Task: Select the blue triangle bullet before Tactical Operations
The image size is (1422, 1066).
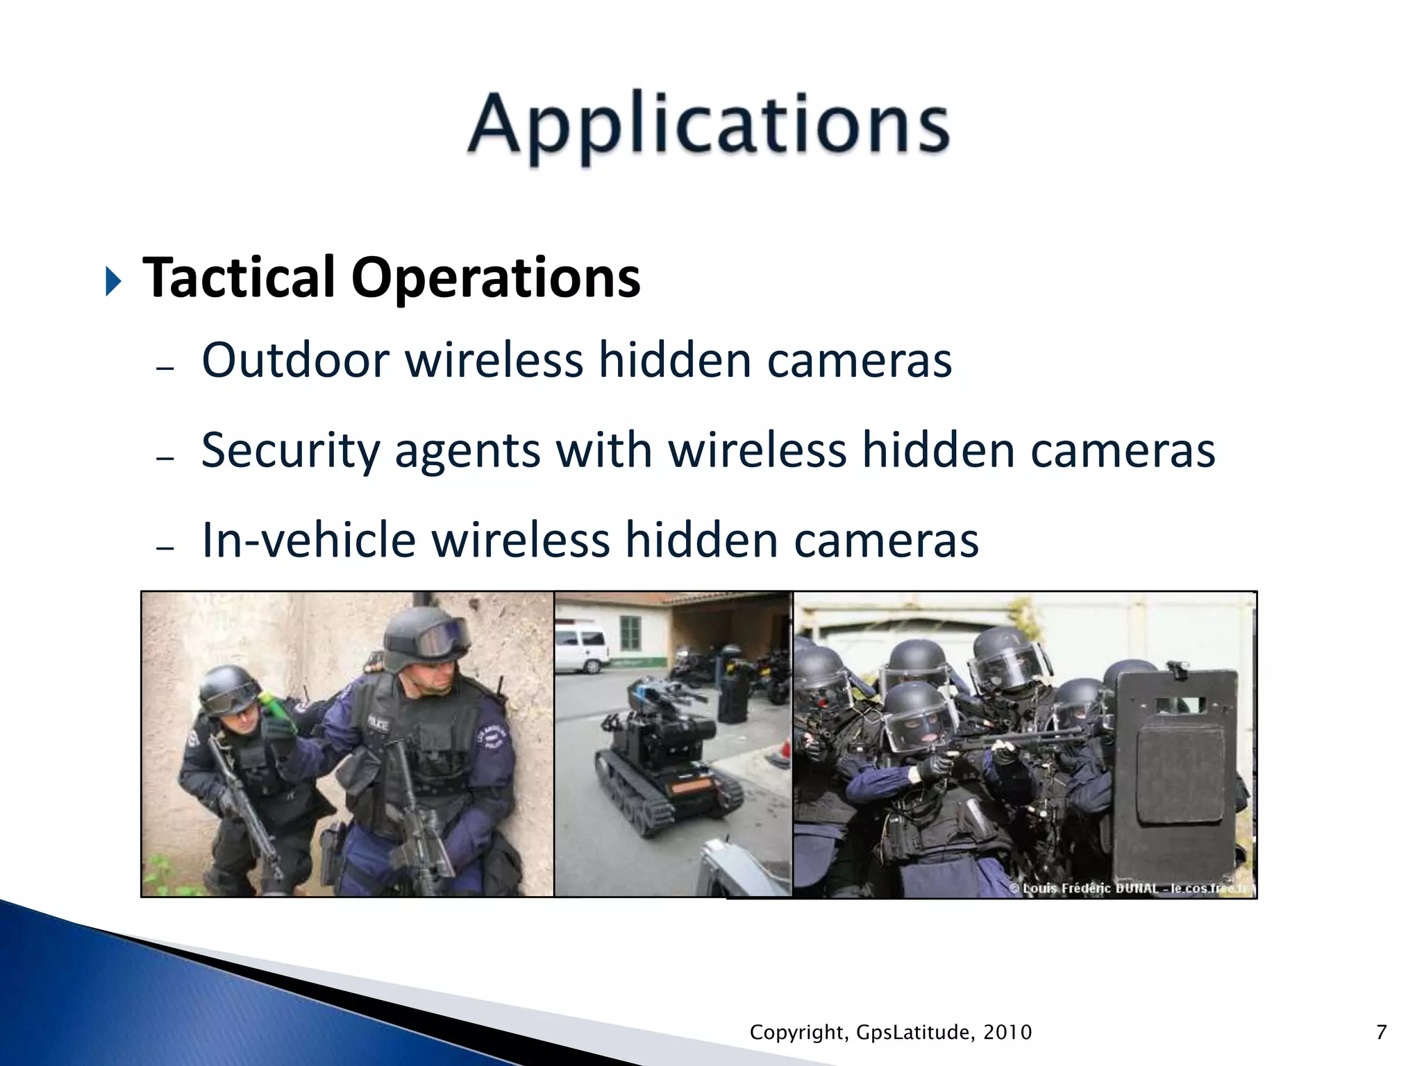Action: [113, 281]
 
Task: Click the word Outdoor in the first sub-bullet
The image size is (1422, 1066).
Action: [296, 361]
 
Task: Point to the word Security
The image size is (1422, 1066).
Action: [290, 451]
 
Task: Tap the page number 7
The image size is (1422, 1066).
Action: [1381, 1032]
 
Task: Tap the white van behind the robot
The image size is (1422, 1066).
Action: [582, 648]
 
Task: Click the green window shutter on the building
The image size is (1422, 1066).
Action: [630, 632]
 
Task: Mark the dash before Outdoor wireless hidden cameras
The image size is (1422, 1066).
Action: [165, 368]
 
